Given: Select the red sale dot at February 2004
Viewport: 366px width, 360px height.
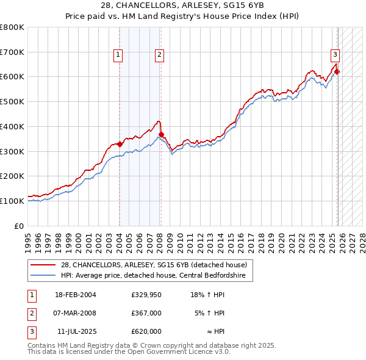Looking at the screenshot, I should click(x=120, y=144).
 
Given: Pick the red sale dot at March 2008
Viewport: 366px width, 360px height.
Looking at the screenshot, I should click(x=161, y=135).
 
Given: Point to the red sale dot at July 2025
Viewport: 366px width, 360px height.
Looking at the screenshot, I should click(x=337, y=72).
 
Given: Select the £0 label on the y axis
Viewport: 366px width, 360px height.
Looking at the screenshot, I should click(x=19, y=226).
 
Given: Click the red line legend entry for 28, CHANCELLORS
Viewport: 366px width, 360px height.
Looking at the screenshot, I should click(x=153, y=265).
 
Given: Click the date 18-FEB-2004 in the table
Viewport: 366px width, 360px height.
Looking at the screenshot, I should click(x=75, y=295).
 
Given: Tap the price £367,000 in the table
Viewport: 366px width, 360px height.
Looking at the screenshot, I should click(x=146, y=313).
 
